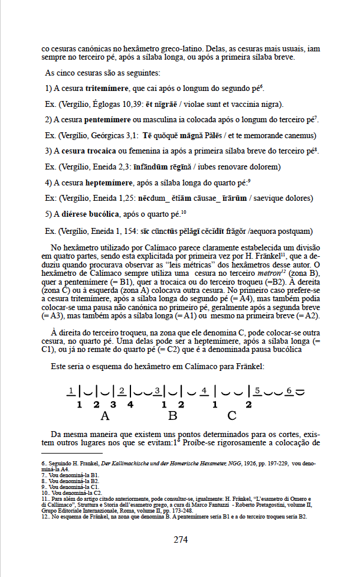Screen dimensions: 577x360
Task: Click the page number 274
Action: pyautogui.click(x=180, y=539)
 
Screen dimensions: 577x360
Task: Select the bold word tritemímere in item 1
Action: pyautogui.click(x=107, y=89)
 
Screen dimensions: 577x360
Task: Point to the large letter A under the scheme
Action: pyautogui.click(x=105, y=415)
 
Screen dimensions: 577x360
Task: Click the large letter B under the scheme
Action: pyautogui.click(x=173, y=415)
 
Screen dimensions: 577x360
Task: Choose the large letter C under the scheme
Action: pyautogui.click(x=232, y=415)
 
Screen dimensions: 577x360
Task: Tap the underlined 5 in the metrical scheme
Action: pyautogui.click(x=258, y=390)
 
